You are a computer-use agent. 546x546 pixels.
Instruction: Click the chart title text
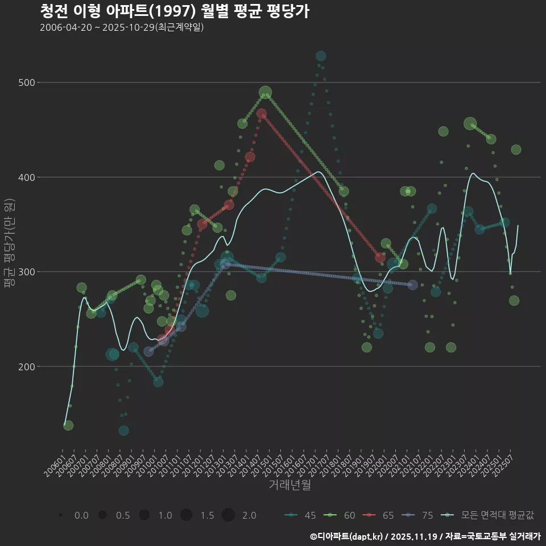coord(175,11)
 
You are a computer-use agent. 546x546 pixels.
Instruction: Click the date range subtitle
coord(122,27)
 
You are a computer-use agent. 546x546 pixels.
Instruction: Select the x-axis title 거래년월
coord(289,485)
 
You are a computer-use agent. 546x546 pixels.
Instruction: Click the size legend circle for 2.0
coord(228,515)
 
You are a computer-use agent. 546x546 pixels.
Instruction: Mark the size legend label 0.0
coord(81,515)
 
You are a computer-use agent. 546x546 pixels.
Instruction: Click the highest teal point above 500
coord(321,56)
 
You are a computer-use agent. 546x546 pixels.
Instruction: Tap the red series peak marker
coord(262,114)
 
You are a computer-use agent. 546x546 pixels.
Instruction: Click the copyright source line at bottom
coord(425,536)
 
